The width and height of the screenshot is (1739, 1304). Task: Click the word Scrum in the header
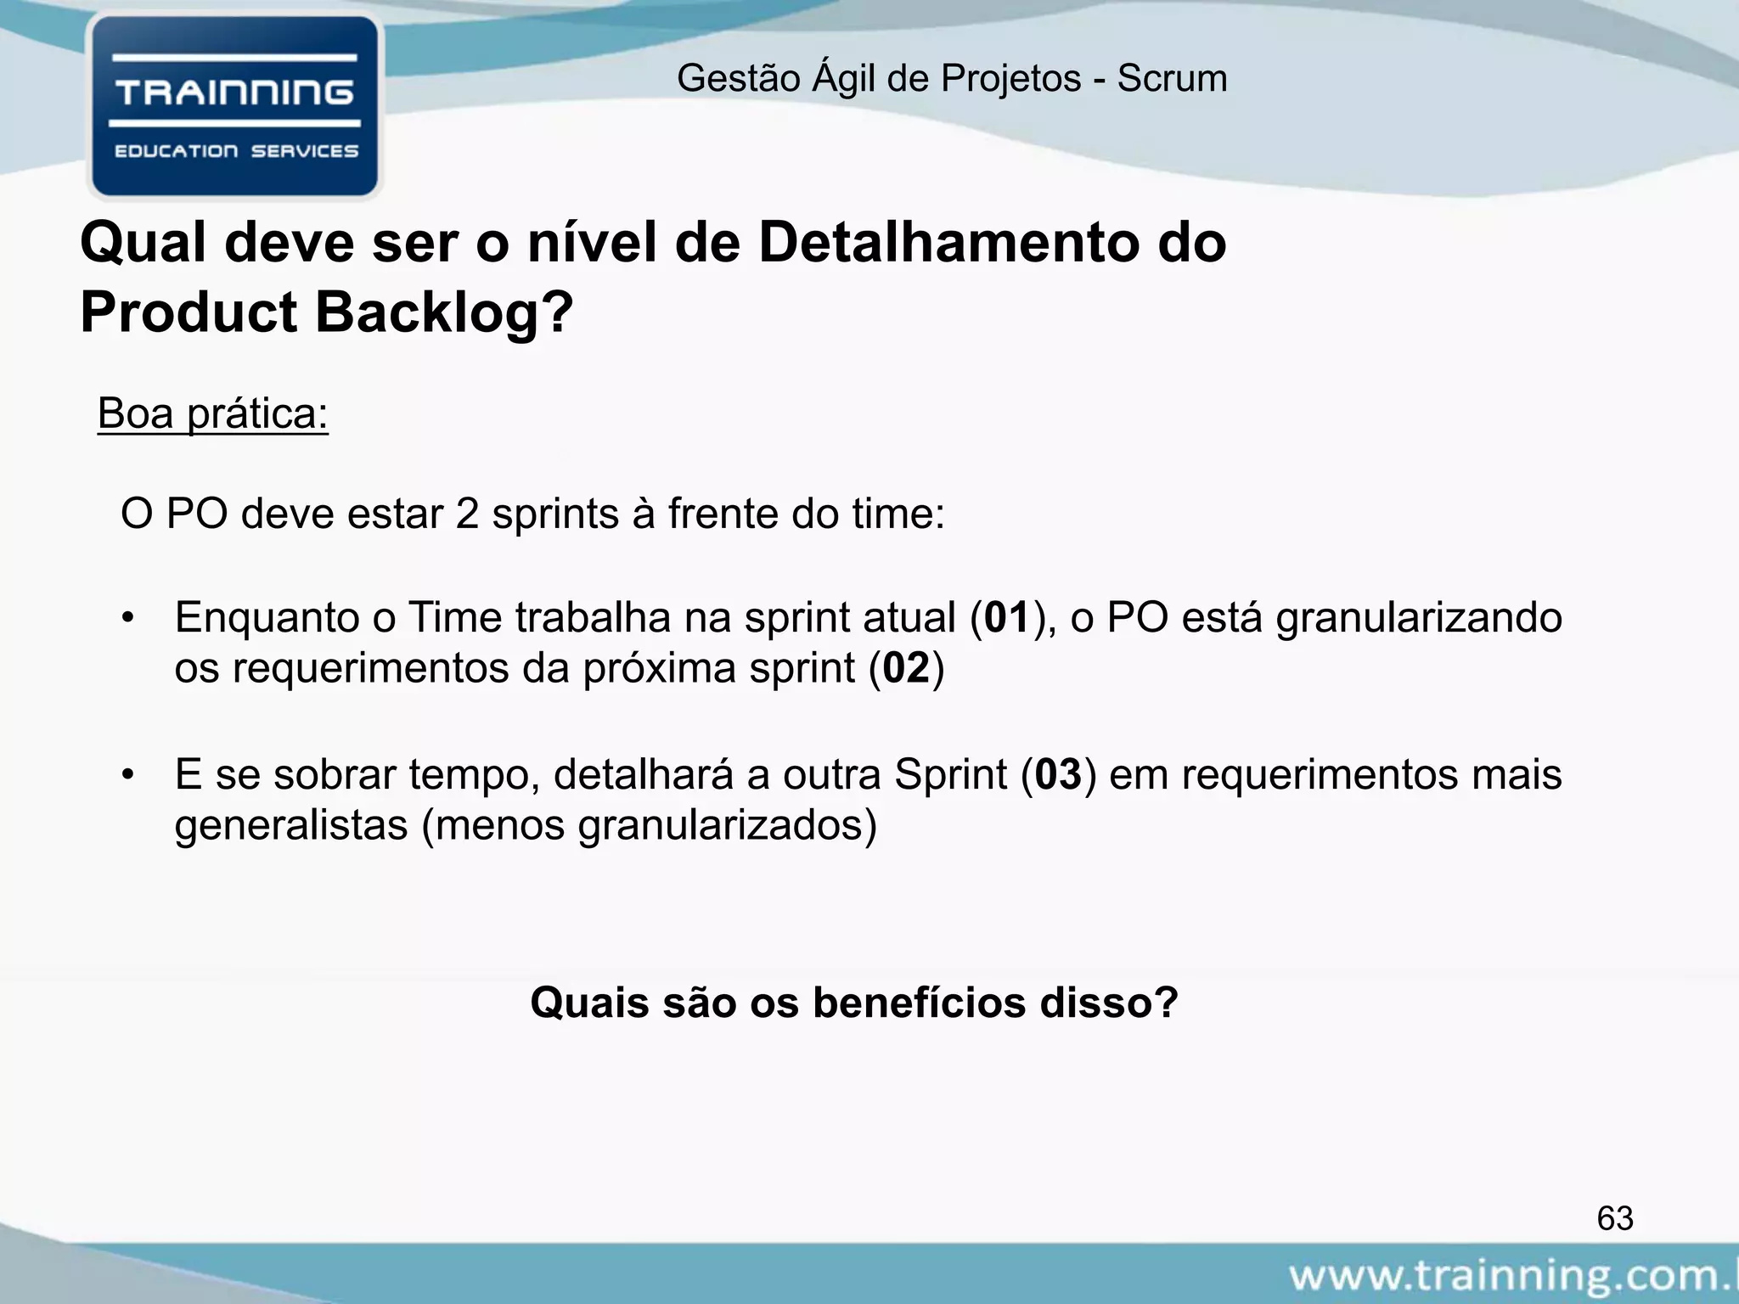[1172, 79]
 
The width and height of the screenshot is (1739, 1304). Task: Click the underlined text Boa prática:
[212, 414]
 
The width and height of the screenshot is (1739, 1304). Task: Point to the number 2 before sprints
[467, 514]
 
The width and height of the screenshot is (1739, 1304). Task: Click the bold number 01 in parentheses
[1007, 617]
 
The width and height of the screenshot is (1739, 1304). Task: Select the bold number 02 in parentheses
[907, 668]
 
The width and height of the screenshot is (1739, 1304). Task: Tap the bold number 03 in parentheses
[1059, 774]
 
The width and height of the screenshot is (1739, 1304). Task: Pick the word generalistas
[291, 825]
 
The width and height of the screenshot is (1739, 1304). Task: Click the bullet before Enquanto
[128, 617]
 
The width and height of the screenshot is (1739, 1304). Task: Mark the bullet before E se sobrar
[128, 774]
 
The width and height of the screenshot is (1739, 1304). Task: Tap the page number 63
[1614, 1218]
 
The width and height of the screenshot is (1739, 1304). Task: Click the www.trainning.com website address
[1511, 1276]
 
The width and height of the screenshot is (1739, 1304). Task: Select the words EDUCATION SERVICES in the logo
[236, 151]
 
